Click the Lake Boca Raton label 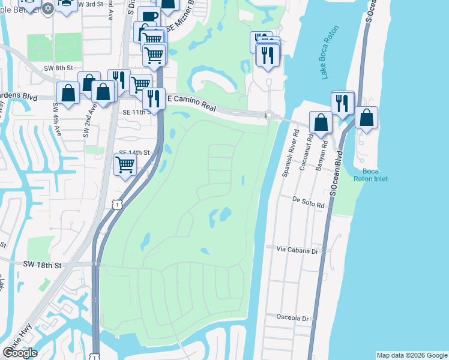[x=330, y=53]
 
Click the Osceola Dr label [x=292, y=319]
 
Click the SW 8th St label [x=58, y=68]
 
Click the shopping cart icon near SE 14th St [x=125, y=164]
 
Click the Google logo [x=20, y=353]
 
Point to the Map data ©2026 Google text [x=411, y=355]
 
